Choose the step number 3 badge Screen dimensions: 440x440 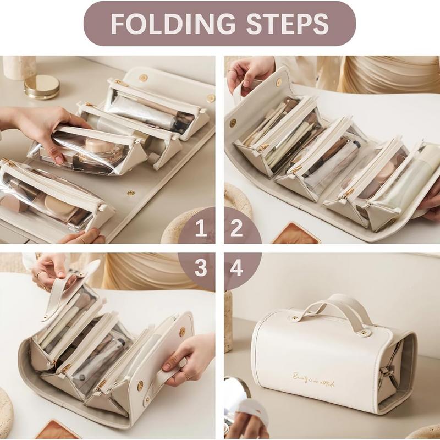(201, 268)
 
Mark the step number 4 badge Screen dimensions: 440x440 (237, 268)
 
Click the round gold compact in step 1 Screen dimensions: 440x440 (42, 86)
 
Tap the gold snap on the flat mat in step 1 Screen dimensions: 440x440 (131, 193)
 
